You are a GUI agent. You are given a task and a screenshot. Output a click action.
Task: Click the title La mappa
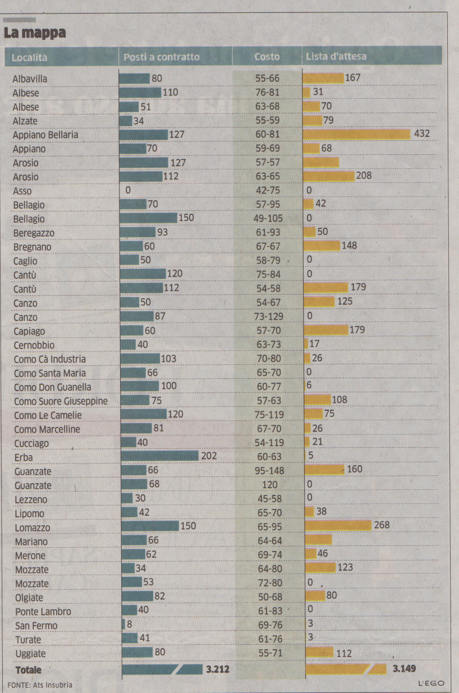(x=35, y=33)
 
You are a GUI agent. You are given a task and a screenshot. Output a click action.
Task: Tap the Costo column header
(x=267, y=57)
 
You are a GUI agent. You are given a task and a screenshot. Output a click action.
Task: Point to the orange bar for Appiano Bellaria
(x=357, y=134)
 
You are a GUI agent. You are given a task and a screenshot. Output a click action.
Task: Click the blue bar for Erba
(x=159, y=456)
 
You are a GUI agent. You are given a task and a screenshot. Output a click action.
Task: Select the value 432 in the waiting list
(x=421, y=134)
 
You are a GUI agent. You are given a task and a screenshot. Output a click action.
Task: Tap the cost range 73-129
(x=269, y=316)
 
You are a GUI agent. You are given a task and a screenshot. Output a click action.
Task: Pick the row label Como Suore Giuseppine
(x=61, y=401)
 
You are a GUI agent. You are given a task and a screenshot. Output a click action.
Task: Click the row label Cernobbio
(x=34, y=345)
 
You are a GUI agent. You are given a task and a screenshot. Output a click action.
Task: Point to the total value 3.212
(x=218, y=669)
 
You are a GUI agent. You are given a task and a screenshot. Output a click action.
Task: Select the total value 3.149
(x=404, y=669)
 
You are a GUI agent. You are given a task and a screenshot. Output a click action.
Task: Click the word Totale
(x=29, y=670)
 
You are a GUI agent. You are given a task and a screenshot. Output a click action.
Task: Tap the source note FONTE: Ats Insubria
(x=40, y=685)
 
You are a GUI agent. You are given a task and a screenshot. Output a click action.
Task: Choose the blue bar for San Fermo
(x=123, y=625)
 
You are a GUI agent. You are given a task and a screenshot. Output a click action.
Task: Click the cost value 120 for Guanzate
(x=269, y=484)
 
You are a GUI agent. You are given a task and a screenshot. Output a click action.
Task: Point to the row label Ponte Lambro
(x=43, y=611)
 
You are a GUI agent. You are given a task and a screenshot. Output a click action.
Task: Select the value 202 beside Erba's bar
(x=209, y=456)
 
